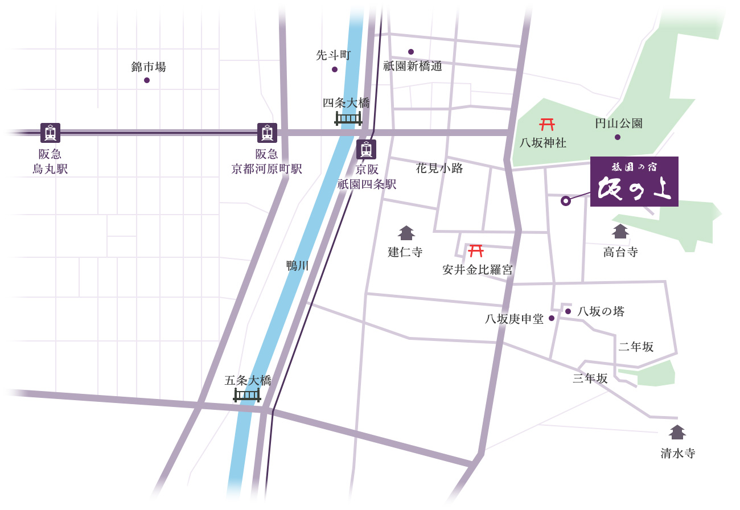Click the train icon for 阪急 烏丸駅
50,133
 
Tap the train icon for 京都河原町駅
267,133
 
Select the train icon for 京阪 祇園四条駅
366,149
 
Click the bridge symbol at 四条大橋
348,118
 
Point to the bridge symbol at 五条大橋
247,394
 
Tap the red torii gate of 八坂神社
547,124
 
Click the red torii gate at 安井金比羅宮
475,250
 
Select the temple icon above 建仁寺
406,233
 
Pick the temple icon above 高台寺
620,231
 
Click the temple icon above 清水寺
677,432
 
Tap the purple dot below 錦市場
147,80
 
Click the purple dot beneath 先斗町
335,69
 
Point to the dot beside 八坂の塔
568,311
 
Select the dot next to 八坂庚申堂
551,319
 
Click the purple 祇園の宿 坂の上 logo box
634,182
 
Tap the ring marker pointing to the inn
565,200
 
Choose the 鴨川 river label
297,265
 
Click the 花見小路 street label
439,168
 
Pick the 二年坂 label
636,347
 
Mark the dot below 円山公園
618,137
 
